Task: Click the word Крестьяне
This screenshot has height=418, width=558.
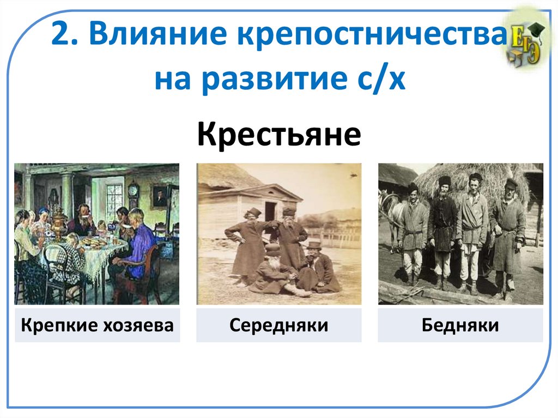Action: (x=278, y=135)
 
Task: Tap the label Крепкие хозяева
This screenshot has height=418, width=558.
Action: (x=97, y=326)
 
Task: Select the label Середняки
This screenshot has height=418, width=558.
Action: (x=278, y=326)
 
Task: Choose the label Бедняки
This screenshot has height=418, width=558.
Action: (x=460, y=326)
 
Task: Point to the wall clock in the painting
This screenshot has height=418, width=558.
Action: (x=134, y=192)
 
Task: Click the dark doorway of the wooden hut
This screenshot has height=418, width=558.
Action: (x=270, y=211)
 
